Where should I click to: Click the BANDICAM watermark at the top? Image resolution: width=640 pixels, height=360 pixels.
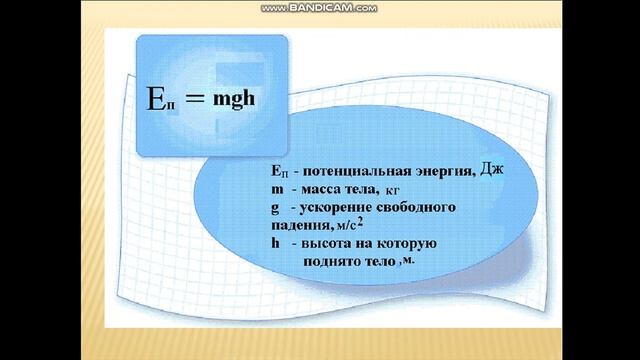[319, 7]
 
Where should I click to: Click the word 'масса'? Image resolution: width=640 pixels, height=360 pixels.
[316, 190]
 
